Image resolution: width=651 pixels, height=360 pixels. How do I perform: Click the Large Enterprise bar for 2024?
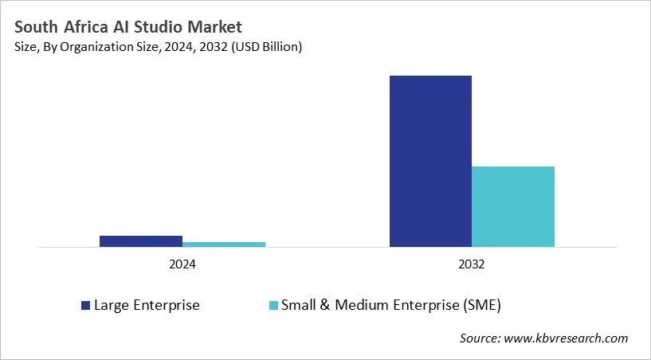coord(140,241)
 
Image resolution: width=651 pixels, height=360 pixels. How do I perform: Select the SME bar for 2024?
coord(223,245)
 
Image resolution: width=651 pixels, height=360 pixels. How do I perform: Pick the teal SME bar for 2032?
coord(513,206)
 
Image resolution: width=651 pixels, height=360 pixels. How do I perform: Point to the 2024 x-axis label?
coord(182,264)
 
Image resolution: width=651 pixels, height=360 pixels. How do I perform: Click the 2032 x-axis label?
coord(472,264)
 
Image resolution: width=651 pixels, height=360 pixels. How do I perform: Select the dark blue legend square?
coord(85,305)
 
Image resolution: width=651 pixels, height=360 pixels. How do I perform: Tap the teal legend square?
coord(273,305)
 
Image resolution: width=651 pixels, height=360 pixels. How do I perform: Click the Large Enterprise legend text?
coord(147,305)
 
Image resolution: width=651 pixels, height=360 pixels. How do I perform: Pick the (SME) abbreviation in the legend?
coord(482,305)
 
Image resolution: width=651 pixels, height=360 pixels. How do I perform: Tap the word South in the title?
coord(34,27)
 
